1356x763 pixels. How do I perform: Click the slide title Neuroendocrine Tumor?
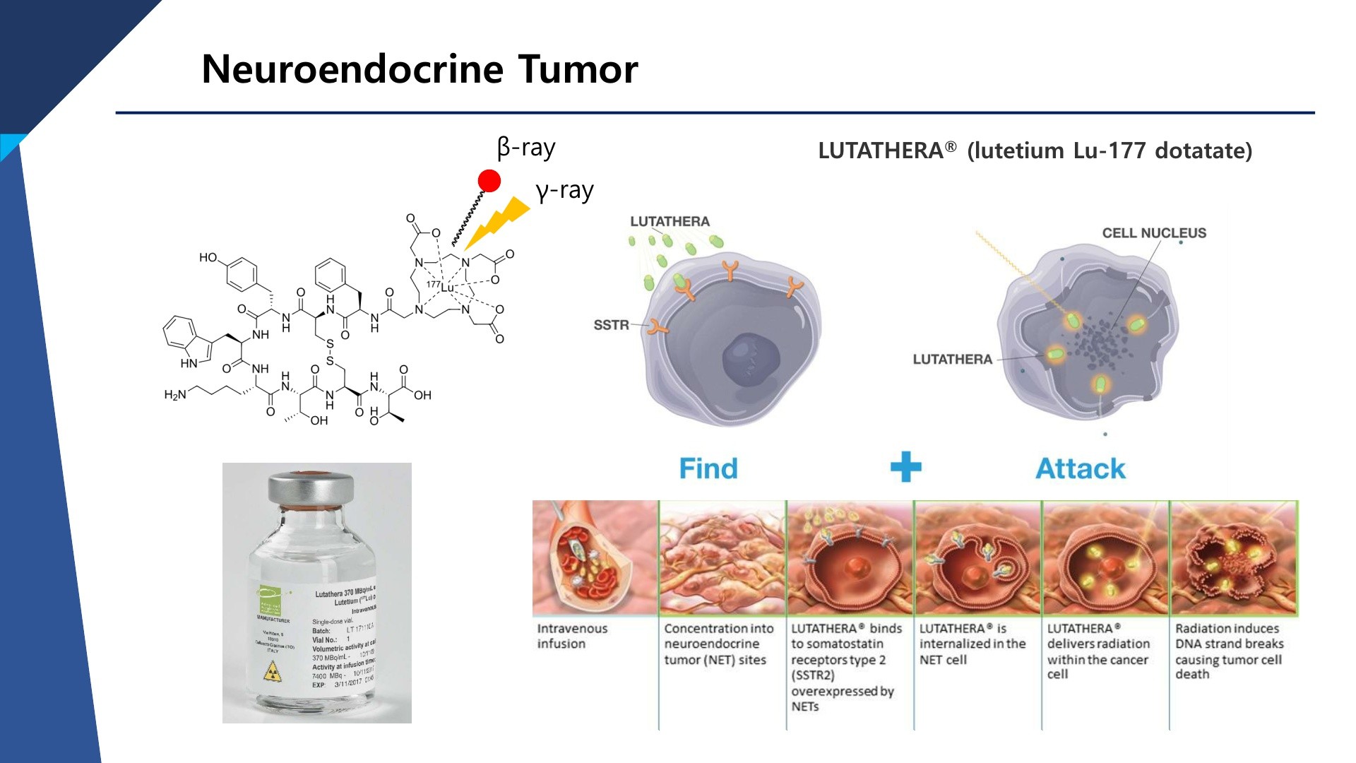pos(420,69)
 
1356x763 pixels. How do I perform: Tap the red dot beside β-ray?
pos(489,181)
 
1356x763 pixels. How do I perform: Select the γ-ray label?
pos(564,191)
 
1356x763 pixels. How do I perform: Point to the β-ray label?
pos(526,148)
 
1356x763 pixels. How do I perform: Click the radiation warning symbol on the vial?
pos(272,672)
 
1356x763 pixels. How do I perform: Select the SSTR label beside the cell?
pos(611,325)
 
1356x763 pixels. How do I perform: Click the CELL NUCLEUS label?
pos(1154,233)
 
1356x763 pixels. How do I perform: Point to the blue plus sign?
pos(905,468)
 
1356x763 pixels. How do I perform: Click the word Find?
pos(708,468)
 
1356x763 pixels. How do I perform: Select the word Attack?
pos(1081,468)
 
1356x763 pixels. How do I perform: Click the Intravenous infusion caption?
pos(571,636)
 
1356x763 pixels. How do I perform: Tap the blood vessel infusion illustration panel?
pos(595,557)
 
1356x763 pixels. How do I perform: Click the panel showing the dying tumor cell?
pos(1234,557)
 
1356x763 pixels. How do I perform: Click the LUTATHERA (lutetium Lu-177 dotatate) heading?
pos(1035,150)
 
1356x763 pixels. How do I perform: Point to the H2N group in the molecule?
pos(175,394)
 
